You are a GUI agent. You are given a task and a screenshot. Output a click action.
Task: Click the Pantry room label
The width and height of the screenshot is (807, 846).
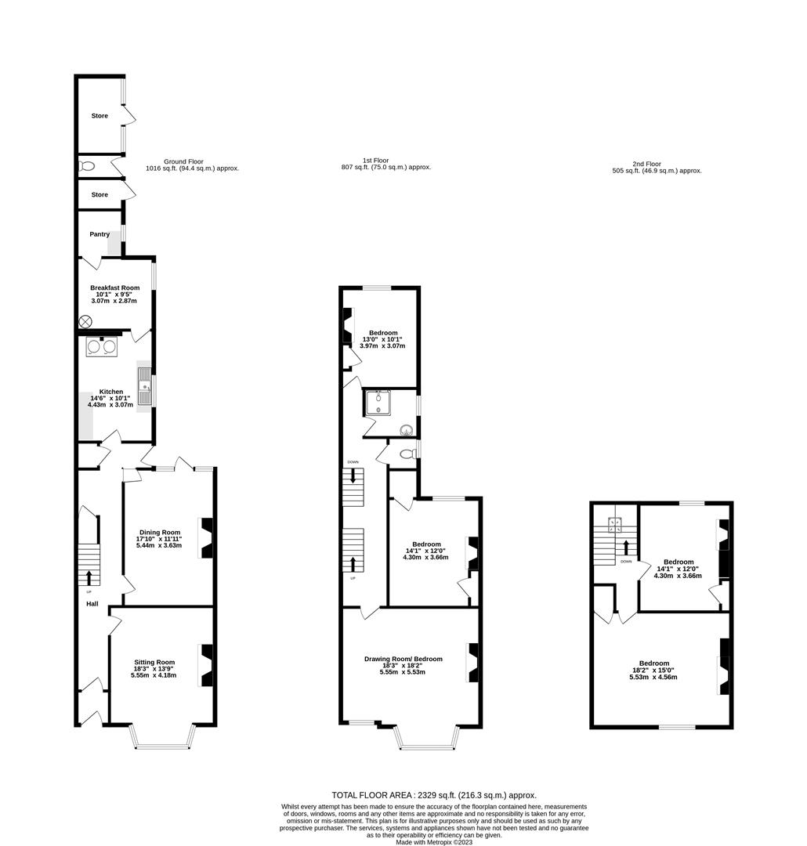pos(99,234)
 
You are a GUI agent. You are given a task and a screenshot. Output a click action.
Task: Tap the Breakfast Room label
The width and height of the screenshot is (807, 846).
pos(114,287)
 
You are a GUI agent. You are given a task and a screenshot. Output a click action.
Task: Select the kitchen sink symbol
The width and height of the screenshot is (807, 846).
pos(145,386)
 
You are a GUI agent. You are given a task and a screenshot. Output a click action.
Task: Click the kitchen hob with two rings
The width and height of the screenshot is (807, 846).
pos(101,347)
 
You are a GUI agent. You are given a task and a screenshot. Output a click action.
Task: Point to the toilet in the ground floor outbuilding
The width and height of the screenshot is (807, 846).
pos(87,166)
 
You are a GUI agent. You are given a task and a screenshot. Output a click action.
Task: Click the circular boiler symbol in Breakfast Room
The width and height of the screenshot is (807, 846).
pos(85,321)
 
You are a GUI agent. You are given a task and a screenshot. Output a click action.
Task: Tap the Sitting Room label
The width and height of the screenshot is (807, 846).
pos(154,662)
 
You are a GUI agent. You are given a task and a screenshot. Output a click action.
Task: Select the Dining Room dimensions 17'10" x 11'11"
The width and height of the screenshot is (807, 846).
pos(160,539)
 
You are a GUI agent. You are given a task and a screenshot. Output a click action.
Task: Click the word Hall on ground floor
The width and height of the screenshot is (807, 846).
pos(92,604)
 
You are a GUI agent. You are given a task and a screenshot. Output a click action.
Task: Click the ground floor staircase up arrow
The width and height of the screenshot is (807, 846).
pos(88,578)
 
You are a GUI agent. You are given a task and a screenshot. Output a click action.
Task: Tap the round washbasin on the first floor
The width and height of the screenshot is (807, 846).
pos(407,429)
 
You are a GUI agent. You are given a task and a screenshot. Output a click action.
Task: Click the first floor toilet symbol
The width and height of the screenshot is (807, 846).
pos(406,454)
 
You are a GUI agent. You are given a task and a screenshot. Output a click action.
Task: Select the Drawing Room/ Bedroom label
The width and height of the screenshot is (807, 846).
pos(403,659)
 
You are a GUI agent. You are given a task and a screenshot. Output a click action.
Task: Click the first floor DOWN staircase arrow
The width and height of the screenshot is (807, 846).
pos(354,475)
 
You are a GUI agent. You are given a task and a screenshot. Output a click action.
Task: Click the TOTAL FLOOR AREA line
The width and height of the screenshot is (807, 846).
pos(434,795)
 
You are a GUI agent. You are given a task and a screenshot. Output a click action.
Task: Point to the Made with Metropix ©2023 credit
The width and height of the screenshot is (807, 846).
pos(434,842)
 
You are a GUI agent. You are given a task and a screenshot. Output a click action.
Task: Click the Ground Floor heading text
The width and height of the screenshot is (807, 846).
pos(183,161)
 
